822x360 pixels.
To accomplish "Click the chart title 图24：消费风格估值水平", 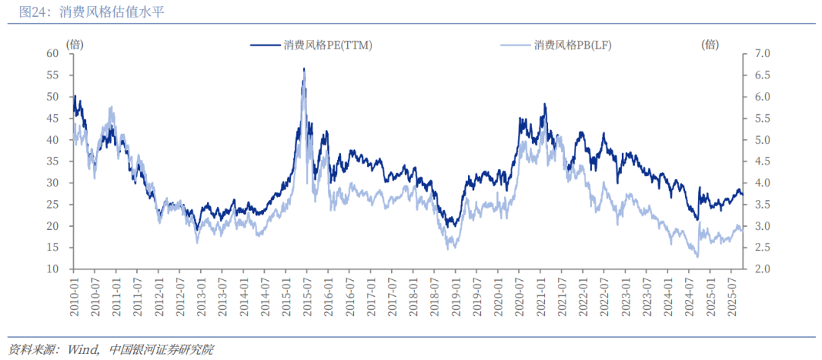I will (91, 12).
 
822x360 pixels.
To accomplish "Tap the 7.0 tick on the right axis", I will (762, 53).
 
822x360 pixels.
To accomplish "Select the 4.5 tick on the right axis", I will (762, 161).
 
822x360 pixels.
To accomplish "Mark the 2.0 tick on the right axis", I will (762, 269).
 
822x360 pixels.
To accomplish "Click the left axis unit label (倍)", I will (75, 44).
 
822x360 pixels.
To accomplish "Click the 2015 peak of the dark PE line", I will (304, 69).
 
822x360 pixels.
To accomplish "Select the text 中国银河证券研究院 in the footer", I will (161, 349).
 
